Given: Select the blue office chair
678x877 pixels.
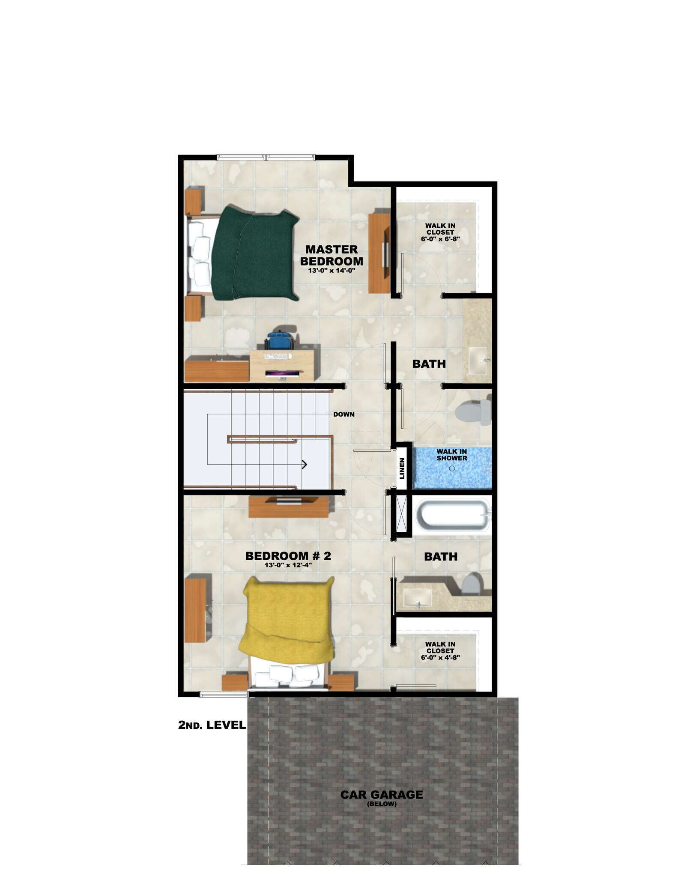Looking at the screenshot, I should click(x=279, y=342).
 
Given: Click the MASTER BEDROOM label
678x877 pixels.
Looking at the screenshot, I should click(x=332, y=255).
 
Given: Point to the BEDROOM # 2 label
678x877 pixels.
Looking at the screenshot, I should click(x=288, y=556).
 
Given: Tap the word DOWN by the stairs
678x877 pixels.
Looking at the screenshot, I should click(x=344, y=414).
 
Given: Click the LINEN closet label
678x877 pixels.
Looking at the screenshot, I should click(x=402, y=468).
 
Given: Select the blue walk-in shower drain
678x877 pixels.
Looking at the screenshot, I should click(x=452, y=468).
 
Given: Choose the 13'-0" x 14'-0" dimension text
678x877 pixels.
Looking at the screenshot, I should click(x=332, y=271).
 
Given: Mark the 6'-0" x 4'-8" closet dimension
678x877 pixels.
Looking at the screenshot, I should click(x=440, y=657).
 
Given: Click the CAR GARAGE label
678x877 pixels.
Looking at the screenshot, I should click(x=382, y=795).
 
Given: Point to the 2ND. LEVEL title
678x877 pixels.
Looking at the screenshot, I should click(x=212, y=725).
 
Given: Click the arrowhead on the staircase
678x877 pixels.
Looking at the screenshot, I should click(x=305, y=464).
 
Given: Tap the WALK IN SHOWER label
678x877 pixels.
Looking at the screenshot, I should click(x=451, y=454).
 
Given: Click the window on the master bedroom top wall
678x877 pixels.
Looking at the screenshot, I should click(x=266, y=157).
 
